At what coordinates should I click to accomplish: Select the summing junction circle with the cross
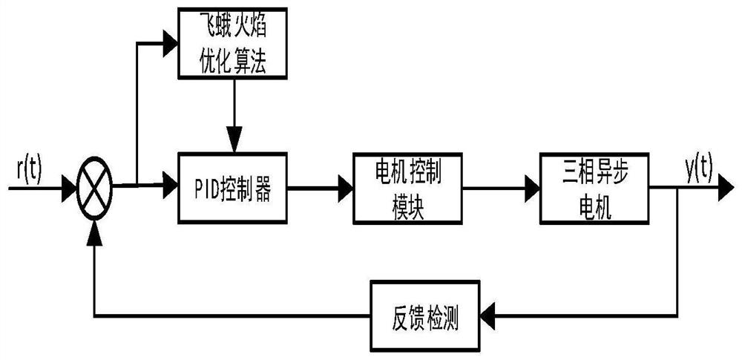[95, 189]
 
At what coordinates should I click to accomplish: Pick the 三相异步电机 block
[587, 189]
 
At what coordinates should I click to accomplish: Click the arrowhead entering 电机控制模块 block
[346, 189]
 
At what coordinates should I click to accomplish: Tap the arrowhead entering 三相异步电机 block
[532, 189]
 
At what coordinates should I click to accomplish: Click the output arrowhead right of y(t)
[723, 189]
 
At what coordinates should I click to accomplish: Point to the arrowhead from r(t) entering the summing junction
[68, 189]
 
